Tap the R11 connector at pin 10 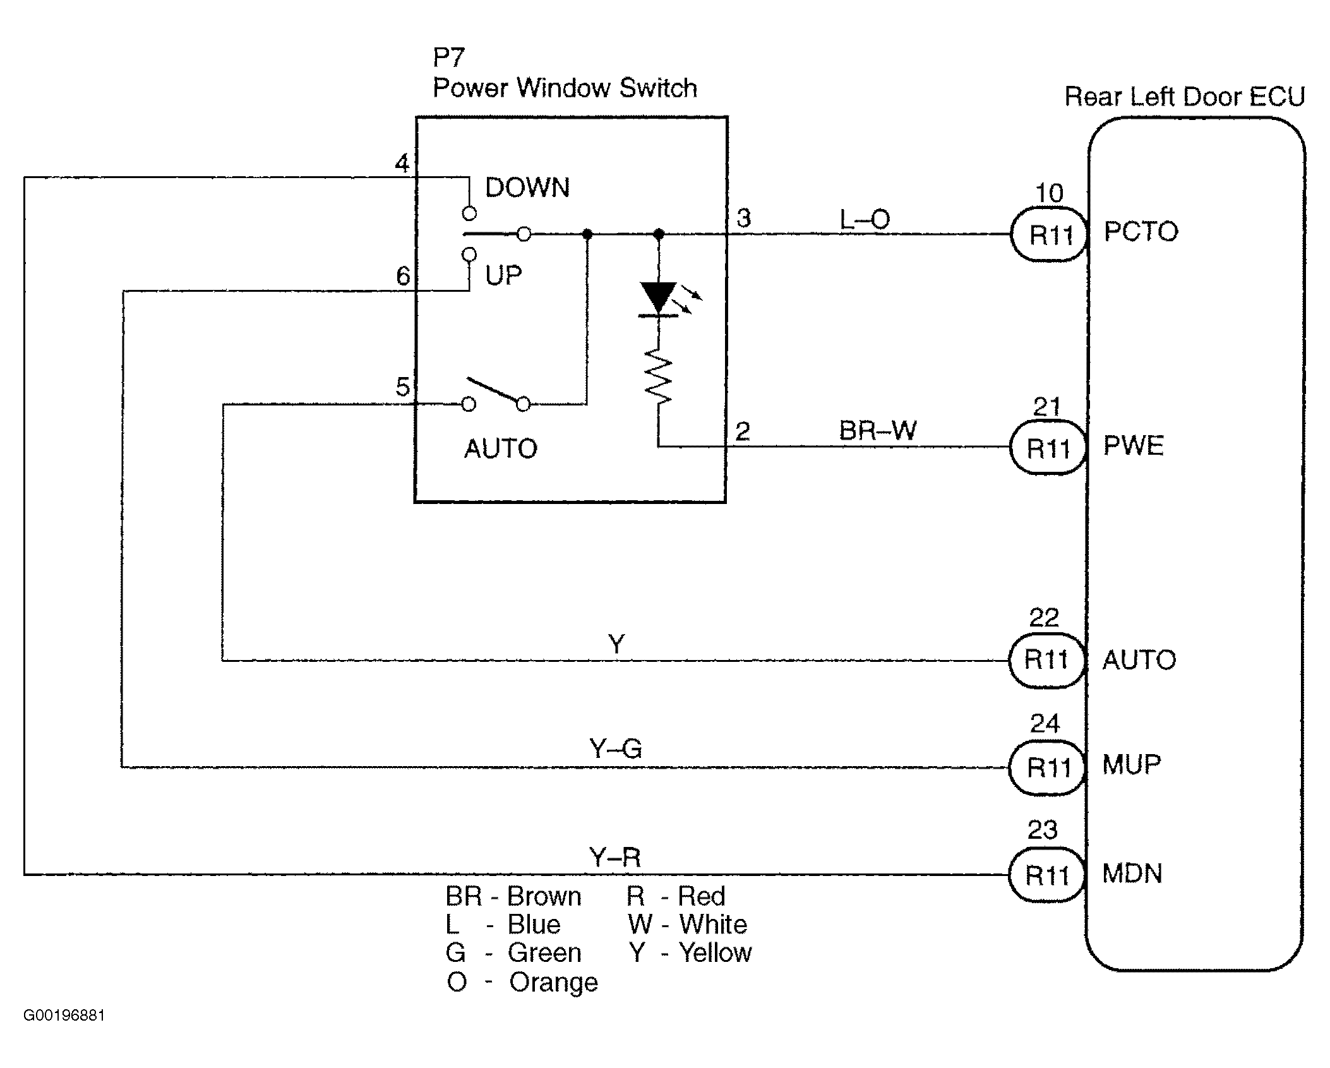tap(1050, 234)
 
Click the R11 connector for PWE tap(1048, 448)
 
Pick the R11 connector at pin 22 tap(1046, 660)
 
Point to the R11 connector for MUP tap(1048, 767)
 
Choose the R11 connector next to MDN tap(1046, 875)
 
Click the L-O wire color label tap(864, 220)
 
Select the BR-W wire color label tap(877, 431)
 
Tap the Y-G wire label tap(616, 750)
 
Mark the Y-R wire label tap(614, 858)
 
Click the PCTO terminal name tap(1141, 232)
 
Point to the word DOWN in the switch tap(527, 188)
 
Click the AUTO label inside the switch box tap(501, 449)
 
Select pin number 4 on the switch tap(402, 164)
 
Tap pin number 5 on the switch tap(402, 387)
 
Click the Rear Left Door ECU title tap(1184, 97)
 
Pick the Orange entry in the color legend tap(522, 982)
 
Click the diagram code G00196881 tap(64, 1016)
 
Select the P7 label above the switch tap(448, 58)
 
